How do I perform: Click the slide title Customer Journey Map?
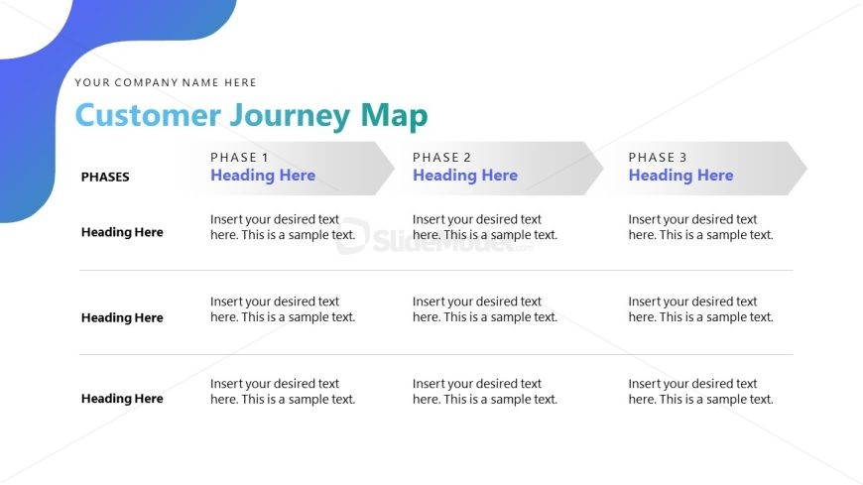(x=251, y=116)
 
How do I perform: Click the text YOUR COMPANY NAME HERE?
(x=166, y=83)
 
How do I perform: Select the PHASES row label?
(x=105, y=178)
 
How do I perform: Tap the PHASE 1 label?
(x=239, y=158)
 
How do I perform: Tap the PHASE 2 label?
(x=441, y=158)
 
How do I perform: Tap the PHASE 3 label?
(x=658, y=158)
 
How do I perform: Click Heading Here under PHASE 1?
(x=263, y=176)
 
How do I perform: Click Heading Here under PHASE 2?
(x=465, y=176)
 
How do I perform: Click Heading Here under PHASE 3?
(x=680, y=176)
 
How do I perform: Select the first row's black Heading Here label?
(x=122, y=232)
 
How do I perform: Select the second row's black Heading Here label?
(x=122, y=318)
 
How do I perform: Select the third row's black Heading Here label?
(x=122, y=399)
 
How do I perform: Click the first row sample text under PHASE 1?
(x=283, y=227)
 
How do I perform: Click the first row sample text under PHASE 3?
(x=700, y=227)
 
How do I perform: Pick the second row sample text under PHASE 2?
(x=485, y=309)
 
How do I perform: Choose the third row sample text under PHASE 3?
(x=700, y=392)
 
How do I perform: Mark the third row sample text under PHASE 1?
(x=283, y=392)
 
